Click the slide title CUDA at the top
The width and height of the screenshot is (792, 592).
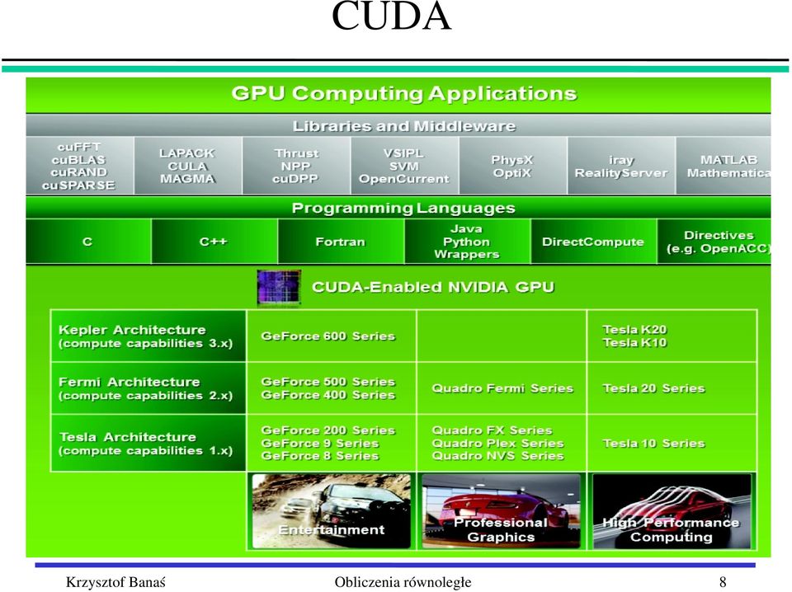click(391, 16)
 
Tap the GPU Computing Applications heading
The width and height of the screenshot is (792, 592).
click(404, 93)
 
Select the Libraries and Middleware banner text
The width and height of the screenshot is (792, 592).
click(404, 125)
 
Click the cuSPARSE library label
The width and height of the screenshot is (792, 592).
click(78, 186)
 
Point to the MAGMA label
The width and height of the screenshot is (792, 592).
click(187, 179)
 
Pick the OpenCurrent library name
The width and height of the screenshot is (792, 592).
click(404, 179)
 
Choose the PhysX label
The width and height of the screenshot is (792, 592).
click(512, 159)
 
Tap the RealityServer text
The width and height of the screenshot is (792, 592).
click(621, 173)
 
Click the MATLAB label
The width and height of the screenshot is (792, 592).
click(728, 159)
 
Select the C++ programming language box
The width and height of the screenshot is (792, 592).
click(214, 242)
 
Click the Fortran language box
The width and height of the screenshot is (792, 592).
click(341, 242)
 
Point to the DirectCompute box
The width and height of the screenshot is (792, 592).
click(593, 242)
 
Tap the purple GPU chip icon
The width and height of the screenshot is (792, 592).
click(279, 287)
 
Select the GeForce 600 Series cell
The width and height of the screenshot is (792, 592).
click(331, 336)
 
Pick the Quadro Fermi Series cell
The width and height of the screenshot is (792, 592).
click(502, 388)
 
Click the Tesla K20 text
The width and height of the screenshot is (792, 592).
click(635, 330)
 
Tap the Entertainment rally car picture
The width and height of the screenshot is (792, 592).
click(332, 510)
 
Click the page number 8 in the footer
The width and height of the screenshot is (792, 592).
click(723, 582)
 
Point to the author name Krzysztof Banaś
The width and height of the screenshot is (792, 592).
click(115, 582)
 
